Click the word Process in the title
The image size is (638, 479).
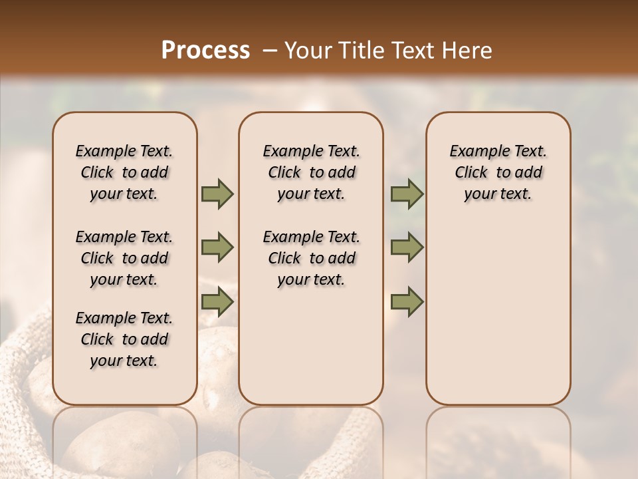click(x=205, y=51)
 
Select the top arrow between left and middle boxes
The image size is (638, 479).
click(x=217, y=194)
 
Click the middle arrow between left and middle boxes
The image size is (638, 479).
click(x=217, y=247)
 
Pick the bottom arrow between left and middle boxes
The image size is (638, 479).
click(x=217, y=301)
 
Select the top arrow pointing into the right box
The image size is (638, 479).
click(x=407, y=194)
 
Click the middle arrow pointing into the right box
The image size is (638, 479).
click(x=407, y=247)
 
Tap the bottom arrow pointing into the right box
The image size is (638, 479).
click(x=407, y=301)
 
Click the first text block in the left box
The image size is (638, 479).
click(x=124, y=172)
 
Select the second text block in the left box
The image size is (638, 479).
click(x=124, y=258)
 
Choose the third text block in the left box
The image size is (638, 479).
click(x=124, y=339)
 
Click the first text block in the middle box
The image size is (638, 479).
click(x=311, y=172)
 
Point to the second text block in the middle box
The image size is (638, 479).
click(x=311, y=258)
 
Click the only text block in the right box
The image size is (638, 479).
click(x=498, y=172)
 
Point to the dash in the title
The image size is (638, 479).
click(x=270, y=51)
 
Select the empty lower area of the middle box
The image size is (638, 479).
click(x=311, y=346)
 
